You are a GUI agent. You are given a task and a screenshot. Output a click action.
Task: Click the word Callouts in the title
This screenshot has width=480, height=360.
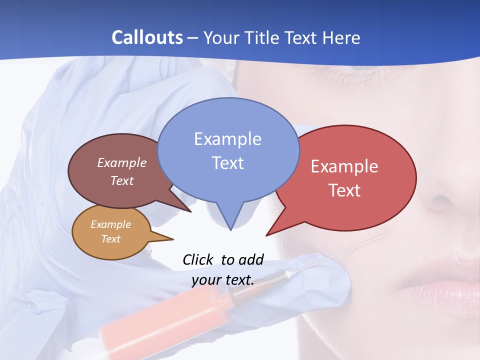click(147, 37)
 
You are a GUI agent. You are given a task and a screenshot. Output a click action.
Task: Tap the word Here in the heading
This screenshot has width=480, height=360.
click(342, 37)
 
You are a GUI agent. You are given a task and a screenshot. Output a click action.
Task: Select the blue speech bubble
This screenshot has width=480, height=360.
click(228, 150)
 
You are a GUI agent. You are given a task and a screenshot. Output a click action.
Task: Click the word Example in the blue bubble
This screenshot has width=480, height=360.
click(227, 139)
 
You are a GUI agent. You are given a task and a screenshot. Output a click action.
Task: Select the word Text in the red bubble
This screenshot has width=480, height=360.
click(344, 190)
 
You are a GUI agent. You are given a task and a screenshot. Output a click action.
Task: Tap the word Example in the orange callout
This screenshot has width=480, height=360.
click(110, 224)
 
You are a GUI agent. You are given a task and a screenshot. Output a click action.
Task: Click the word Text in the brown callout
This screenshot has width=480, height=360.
click(122, 181)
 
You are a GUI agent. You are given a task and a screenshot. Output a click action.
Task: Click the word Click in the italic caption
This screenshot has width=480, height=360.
click(197, 259)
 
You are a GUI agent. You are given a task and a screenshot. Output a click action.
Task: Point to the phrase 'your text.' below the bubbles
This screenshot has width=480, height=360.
click(223, 280)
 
